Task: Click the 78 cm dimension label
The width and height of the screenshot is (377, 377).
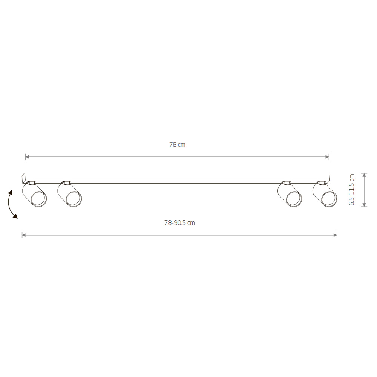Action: click(x=177, y=145)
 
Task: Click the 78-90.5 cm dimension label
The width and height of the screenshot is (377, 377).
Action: click(x=179, y=223)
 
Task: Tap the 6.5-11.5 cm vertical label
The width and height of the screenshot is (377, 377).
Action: click(x=352, y=190)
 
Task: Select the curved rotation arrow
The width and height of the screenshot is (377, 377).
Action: click(x=11, y=204)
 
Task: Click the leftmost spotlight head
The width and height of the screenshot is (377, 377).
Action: click(x=35, y=195)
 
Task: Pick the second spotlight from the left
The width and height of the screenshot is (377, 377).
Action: click(x=70, y=195)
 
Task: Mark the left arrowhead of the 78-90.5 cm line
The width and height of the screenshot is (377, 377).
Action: click(x=24, y=235)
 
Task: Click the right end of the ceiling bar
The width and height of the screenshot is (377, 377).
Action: click(x=329, y=178)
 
